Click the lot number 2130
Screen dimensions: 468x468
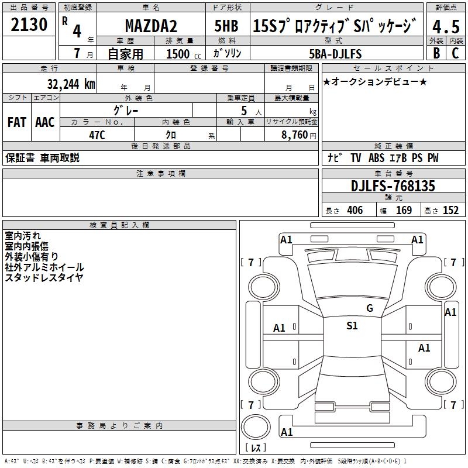[x=29, y=26]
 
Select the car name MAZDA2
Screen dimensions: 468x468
[x=151, y=26]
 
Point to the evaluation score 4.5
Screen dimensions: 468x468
[x=446, y=27]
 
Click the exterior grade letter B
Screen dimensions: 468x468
[x=436, y=53]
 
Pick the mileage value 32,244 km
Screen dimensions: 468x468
[x=71, y=84]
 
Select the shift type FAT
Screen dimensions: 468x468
[x=16, y=122]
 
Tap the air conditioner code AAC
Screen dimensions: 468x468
[x=44, y=122]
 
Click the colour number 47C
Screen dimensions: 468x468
[x=97, y=135]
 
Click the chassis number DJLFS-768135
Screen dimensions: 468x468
[x=393, y=186]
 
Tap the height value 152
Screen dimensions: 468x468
[x=450, y=210]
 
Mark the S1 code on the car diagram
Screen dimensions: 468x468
[x=352, y=326]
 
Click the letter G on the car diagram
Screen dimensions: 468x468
[x=369, y=308]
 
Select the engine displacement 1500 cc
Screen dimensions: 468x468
[x=183, y=54]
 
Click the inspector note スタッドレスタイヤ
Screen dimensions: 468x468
[x=44, y=277]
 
